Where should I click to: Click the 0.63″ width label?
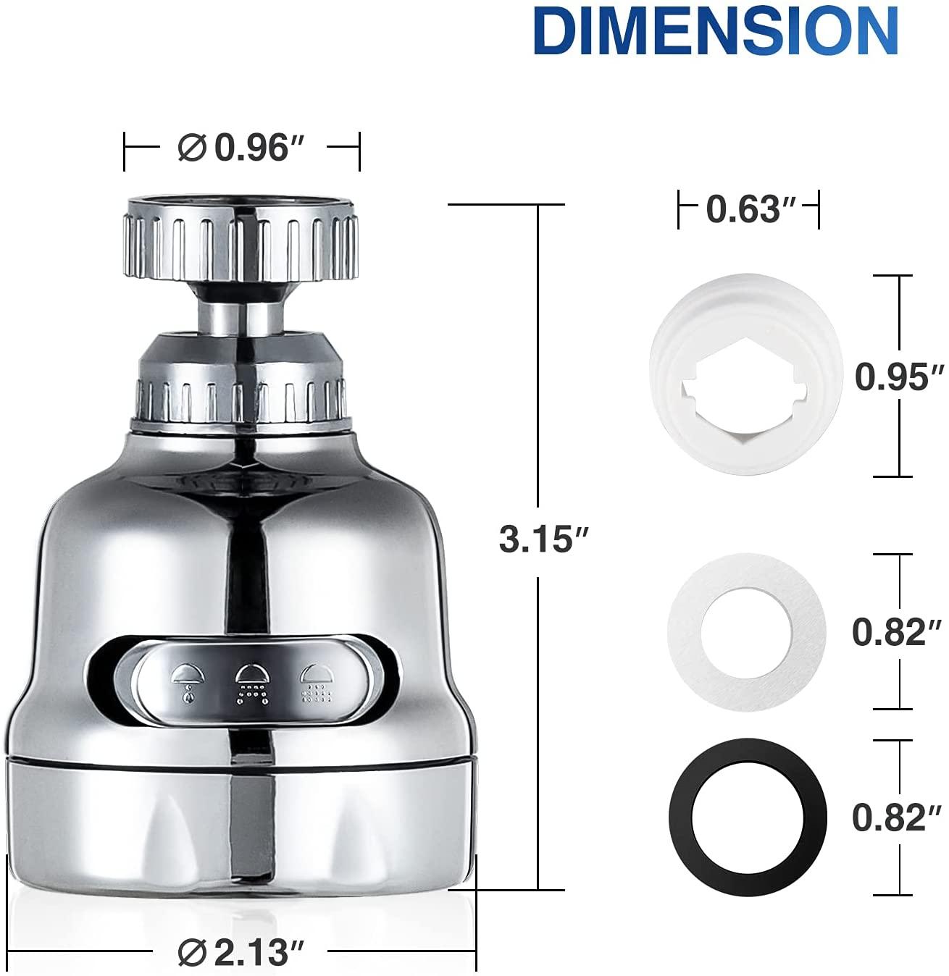(751, 209)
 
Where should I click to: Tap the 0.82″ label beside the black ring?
(896, 817)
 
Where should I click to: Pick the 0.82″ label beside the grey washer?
(896, 632)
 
